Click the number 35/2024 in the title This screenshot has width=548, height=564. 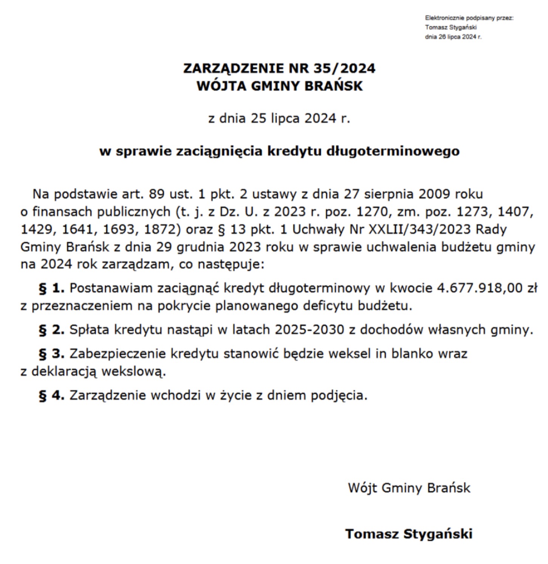click(x=344, y=68)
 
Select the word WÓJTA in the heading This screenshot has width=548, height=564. click(x=221, y=86)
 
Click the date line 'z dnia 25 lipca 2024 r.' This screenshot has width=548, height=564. click(x=279, y=118)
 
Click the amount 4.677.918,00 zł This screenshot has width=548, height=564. click(x=487, y=288)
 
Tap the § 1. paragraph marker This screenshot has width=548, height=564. click(x=51, y=288)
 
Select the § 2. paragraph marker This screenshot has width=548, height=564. click(x=51, y=330)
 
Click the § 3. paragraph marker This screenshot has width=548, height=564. click(x=51, y=354)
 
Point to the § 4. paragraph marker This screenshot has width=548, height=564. click(x=51, y=395)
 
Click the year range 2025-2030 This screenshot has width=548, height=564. click(x=309, y=330)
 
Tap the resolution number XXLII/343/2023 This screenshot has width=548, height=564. click(x=420, y=229)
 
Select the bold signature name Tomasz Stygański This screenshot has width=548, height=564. click(x=409, y=534)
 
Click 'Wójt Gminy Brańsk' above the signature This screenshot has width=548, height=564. click(x=409, y=488)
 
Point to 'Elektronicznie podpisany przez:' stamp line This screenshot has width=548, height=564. click(x=469, y=18)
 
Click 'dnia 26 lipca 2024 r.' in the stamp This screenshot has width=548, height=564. click(x=453, y=37)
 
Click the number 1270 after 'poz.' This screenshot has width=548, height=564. click(x=372, y=212)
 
